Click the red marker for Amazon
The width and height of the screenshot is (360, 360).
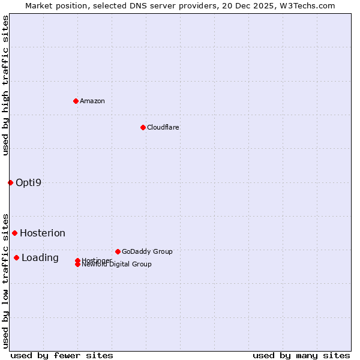click(x=76, y=101)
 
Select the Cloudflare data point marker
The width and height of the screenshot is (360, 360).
click(x=143, y=127)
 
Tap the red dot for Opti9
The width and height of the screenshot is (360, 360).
click(x=10, y=182)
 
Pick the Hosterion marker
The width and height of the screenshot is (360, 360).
click(x=14, y=233)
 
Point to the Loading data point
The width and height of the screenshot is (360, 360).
click(x=16, y=257)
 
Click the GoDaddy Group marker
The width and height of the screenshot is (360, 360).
click(x=118, y=251)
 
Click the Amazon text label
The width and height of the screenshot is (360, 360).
click(x=92, y=101)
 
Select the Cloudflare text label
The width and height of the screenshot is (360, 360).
click(x=163, y=127)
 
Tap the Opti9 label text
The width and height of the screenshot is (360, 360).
click(x=29, y=182)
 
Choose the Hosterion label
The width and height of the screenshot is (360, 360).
click(x=43, y=233)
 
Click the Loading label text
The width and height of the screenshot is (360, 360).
click(x=40, y=257)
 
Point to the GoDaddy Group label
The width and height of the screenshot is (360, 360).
click(x=147, y=251)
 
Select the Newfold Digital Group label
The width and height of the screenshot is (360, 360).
click(x=117, y=265)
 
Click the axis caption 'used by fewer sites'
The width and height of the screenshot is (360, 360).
click(x=62, y=355)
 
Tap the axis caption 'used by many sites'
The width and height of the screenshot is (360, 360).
click(x=301, y=355)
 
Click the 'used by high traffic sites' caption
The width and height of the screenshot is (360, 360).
click(x=5, y=85)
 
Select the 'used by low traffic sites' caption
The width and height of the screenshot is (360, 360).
click(x=5, y=281)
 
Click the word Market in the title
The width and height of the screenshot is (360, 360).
click(x=38, y=5)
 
